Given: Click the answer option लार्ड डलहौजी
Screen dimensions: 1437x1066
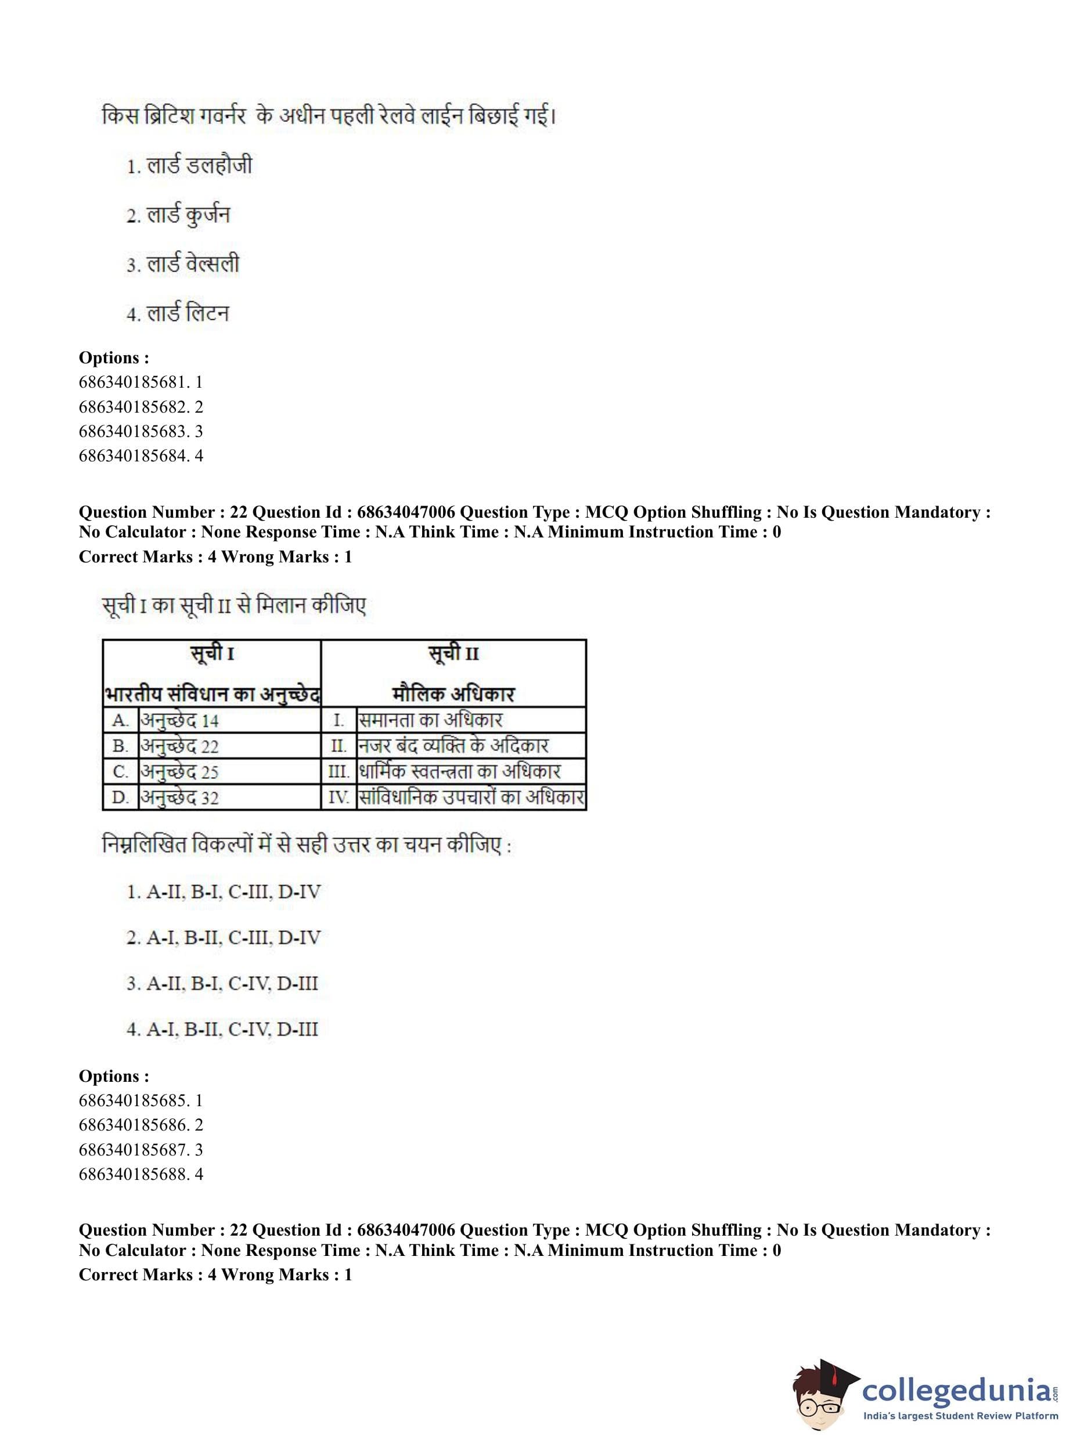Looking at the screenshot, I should coord(189,166).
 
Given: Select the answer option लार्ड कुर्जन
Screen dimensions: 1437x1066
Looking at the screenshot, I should coord(178,215).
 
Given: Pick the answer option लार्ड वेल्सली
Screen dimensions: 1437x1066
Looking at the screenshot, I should coord(183,265).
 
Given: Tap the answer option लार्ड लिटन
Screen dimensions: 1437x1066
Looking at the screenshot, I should coord(178,314).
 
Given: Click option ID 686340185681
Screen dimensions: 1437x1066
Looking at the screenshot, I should coord(140,382).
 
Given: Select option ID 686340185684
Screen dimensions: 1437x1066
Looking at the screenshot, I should coord(140,456).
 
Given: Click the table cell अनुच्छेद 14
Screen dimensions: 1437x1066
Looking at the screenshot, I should coord(180,720).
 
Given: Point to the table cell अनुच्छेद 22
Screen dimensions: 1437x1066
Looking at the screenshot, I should coord(180,746).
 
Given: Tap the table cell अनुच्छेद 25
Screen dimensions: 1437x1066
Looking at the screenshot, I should coord(180,772).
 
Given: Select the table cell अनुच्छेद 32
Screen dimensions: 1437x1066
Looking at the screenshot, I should coord(180,798).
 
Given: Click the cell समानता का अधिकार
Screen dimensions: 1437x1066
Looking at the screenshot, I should coord(430,720).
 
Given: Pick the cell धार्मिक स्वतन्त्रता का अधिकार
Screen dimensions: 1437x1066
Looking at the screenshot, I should coord(459,772).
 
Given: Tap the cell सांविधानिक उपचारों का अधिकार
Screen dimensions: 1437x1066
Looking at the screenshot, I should coord(471,798).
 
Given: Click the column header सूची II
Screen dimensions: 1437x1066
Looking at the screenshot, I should coord(453,654).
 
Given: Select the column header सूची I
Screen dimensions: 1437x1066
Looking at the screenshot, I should coord(212,654).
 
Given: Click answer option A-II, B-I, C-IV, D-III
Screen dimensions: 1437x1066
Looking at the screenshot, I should coord(222,984).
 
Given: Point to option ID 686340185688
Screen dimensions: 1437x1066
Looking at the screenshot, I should coord(140,1174).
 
